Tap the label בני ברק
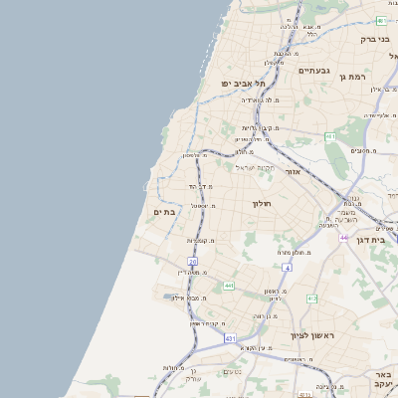pos(374,40)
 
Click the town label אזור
pos(292,171)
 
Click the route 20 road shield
pos(193,262)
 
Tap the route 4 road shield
pos(287,268)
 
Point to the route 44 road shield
pos(343,238)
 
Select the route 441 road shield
pos(229,286)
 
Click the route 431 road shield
pos(230,338)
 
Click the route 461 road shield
pos(330,136)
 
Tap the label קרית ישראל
pos(253,167)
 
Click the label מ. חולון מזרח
pos(298,253)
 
